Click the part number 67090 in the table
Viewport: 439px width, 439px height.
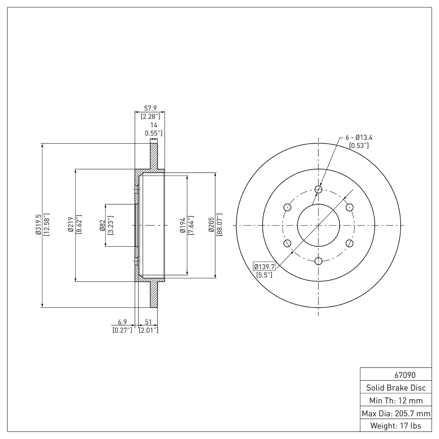pos(405,375)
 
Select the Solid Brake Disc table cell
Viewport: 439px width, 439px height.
pos(396,388)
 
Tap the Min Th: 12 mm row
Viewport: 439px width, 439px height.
pos(396,400)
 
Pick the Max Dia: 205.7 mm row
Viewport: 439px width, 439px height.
pos(396,413)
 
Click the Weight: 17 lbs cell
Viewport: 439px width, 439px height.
pos(396,426)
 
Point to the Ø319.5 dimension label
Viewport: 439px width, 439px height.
pos(38,225)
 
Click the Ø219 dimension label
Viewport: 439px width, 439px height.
pos(70,225)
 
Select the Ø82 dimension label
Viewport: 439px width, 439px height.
pos(102,225)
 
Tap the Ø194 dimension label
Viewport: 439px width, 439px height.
pos(183,225)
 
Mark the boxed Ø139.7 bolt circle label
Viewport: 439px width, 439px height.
pos(264,267)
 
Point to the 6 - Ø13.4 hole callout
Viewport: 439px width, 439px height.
pos(359,138)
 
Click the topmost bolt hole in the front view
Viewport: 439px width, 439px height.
pos(318,189)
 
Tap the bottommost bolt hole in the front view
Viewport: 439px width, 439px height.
pos(318,261)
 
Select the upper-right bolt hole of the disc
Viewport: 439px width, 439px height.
pos(349,207)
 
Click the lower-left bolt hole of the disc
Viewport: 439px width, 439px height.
pos(287,243)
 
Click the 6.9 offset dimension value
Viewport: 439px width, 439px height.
pos(122,322)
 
